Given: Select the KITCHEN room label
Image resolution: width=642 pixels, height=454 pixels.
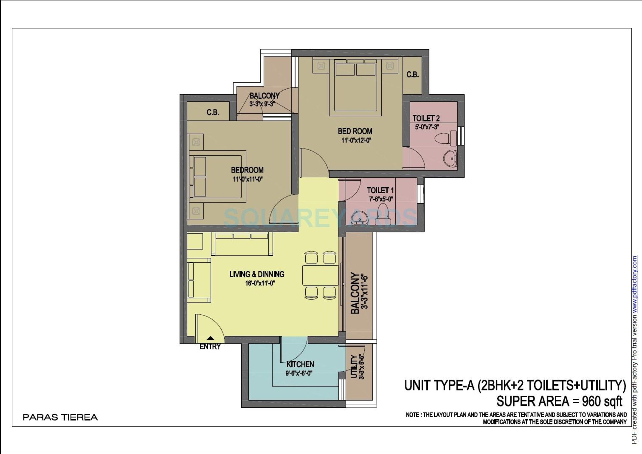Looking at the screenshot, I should tap(300, 364).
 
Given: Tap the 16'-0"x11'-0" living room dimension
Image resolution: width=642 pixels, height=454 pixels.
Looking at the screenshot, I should tap(260, 283).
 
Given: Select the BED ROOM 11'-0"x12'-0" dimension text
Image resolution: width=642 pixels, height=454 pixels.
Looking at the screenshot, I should tap(356, 140).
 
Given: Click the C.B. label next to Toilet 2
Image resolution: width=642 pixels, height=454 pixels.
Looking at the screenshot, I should tap(413, 75).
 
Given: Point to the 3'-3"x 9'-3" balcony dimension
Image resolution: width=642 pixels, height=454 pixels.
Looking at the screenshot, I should tap(262, 104).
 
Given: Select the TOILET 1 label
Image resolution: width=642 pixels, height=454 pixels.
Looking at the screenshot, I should tap(380, 190).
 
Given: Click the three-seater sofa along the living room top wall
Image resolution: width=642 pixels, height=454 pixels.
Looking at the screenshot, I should tap(242, 244).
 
